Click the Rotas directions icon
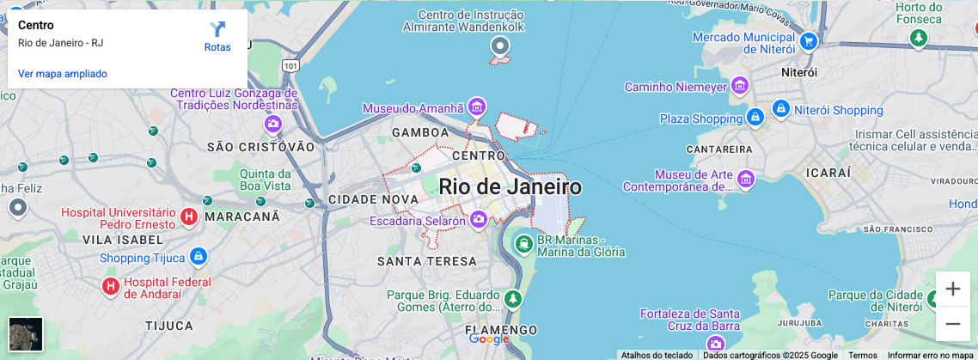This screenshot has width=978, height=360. (217, 30)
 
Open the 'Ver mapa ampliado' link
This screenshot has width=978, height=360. (63, 74)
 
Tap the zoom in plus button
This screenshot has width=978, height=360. (952, 289)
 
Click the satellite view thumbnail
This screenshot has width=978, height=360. (26, 334)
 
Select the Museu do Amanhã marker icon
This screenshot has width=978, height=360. (477, 107)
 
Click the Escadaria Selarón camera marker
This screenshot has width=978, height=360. (479, 221)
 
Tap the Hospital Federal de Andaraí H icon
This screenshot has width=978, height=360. (111, 286)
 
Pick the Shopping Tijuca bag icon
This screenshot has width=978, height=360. (199, 257)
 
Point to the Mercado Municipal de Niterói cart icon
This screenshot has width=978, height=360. (808, 40)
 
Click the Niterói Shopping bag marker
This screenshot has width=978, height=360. (780, 109)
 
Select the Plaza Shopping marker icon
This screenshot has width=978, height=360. (755, 118)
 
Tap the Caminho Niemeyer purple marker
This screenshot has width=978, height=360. (739, 86)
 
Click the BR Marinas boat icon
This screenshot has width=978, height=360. (523, 245)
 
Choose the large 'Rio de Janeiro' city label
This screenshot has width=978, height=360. (510, 186)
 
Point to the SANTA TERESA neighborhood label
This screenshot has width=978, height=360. (426, 261)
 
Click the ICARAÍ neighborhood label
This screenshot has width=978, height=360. (828, 173)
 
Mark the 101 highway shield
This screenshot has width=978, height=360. (291, 65)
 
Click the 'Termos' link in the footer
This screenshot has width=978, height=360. (862, 355)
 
